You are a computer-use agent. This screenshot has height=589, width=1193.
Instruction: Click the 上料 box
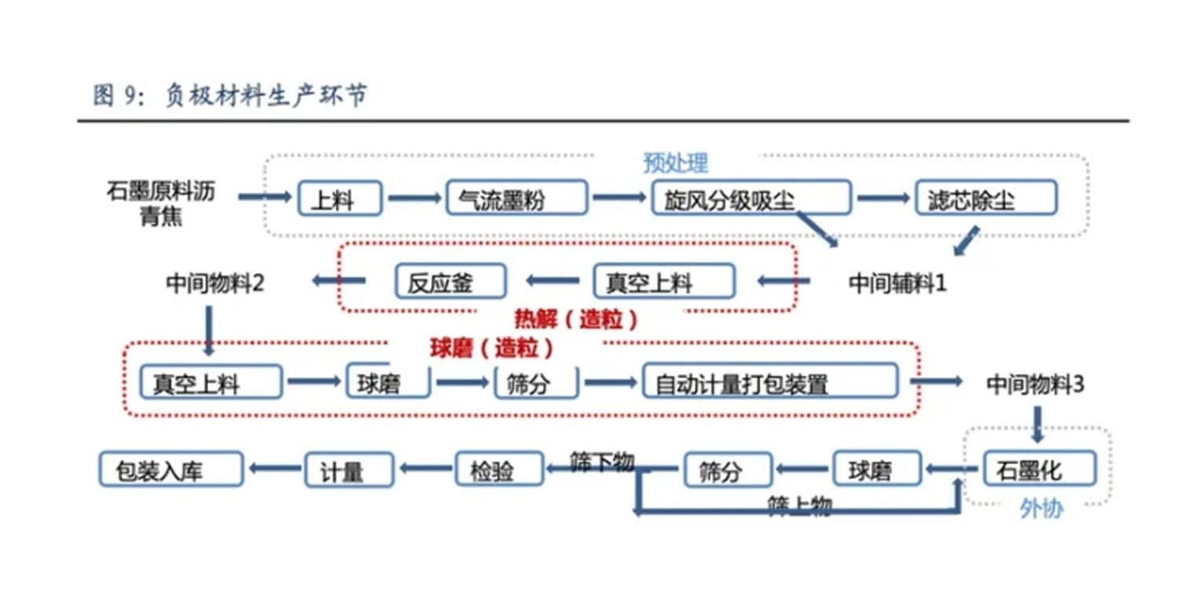[x=340, y=199]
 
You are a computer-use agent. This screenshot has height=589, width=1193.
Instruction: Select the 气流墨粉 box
[x=516, y=199]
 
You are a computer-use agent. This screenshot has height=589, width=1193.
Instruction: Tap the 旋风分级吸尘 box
[x=750, y=199]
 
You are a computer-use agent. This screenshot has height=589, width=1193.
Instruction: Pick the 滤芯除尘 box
[x=987, y=199]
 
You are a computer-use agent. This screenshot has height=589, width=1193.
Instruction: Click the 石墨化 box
[x=1039, y=470]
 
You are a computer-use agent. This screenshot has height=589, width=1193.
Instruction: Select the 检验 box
[x=499, y=470]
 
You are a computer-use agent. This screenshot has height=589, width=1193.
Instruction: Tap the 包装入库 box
[x=170, y=470]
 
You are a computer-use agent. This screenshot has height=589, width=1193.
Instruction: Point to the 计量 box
[x=348, y=470]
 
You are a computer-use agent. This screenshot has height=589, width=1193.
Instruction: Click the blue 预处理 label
[x=675, y=163]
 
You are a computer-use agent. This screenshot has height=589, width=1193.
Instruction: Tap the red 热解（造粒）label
[x=575, y=319]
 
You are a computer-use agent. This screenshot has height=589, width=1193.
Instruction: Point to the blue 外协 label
[x=1041, y=509]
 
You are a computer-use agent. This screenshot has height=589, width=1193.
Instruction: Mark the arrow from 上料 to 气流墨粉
[x=414, y=199]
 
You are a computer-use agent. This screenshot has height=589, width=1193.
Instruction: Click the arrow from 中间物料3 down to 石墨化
[x=1037, y=423]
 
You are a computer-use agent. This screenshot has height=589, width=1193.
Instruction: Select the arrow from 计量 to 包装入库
[x=274, y=469]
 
